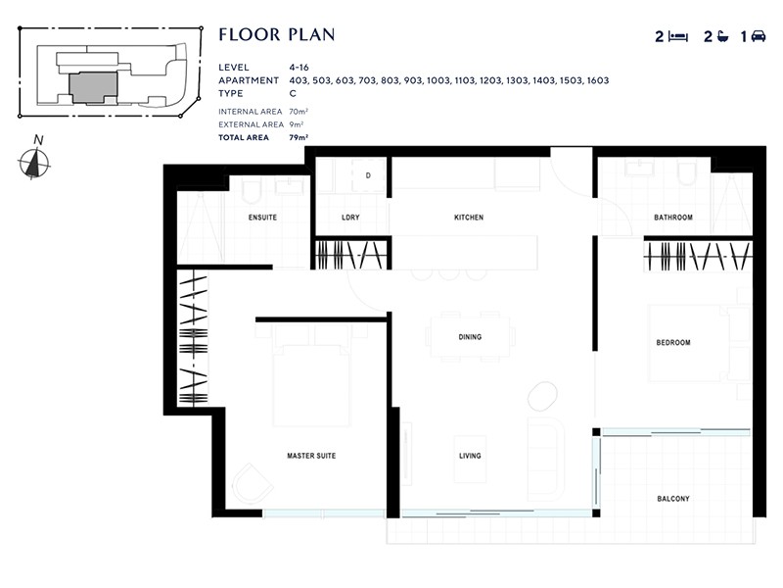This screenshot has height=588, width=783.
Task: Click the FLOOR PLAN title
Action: coord(277,35)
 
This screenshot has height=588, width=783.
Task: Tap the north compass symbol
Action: coord(35,162)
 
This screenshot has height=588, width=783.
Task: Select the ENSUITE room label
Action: coord(263,218)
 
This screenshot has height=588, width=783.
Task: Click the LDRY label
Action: coord(351,218)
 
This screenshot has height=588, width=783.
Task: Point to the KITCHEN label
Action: coord(469,218)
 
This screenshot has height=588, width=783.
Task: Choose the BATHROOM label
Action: coord(673,218)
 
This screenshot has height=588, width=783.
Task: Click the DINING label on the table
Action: coord(470,337)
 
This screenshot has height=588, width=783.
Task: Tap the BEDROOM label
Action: coord(673,343)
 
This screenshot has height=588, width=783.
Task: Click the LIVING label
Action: coord(470,456)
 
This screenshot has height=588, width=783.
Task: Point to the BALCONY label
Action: coord(673,499)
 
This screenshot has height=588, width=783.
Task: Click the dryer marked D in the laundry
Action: coord(368,176)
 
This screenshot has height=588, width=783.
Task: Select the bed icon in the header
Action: coord(678,37)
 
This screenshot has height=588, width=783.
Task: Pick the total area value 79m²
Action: coord(299,138)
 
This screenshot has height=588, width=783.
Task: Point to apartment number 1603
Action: coord(598,80)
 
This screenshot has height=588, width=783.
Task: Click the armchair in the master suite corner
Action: coord(253,484)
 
